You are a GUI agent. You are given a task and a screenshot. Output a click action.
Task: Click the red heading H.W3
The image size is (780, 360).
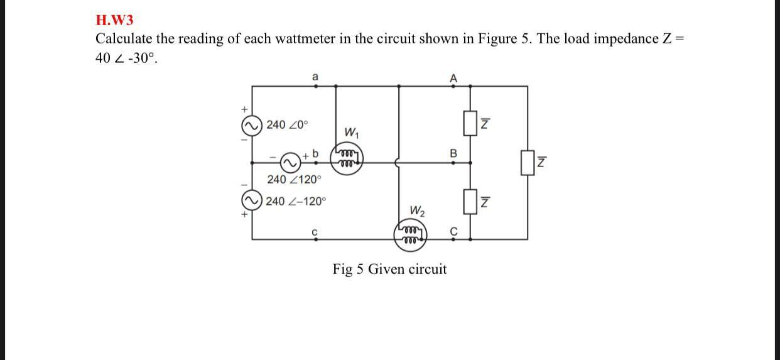[114, 20]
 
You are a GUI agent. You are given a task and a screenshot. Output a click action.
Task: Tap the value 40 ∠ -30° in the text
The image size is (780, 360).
[124, 58]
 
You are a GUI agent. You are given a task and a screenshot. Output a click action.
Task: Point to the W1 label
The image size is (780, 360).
[352, 133]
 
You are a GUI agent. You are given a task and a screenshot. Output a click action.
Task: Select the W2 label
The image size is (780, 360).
[417, 210]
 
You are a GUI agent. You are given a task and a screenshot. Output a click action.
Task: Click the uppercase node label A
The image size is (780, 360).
[453, 78]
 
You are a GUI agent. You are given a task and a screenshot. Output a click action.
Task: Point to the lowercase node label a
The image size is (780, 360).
[315, 77]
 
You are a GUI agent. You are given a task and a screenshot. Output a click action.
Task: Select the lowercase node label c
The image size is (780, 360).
[315, 232]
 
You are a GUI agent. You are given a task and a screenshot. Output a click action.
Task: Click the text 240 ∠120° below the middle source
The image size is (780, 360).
[293, 180]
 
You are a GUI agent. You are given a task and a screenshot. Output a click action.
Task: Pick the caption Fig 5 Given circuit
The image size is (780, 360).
[389, 270]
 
